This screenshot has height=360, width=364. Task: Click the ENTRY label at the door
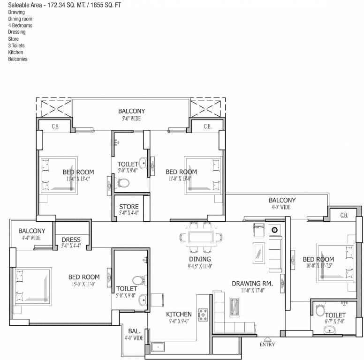point(267,345)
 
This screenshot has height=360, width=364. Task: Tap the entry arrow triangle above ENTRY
point(267,339)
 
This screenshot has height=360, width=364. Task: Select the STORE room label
point(129,207)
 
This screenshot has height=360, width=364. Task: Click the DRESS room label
point(71,240)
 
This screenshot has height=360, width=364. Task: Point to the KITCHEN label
point(179,314)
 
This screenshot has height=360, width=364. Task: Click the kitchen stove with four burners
point(203,315)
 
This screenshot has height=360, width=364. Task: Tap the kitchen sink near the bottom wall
point(158,347)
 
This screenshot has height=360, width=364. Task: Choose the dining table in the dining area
point(201,238)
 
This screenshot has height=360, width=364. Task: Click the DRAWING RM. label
point(252,284)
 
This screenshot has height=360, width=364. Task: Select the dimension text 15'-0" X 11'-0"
point(83,284)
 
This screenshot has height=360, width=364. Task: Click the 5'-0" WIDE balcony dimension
point(131,119)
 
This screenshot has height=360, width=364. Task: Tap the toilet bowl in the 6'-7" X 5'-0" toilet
point(319,310)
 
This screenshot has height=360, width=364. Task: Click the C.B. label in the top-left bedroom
point(55,127)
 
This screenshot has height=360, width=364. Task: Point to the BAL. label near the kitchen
point(134,331)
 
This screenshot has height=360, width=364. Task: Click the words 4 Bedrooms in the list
point(20,25)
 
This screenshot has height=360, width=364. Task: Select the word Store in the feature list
point(13,39)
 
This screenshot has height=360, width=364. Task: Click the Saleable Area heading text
point(25,5)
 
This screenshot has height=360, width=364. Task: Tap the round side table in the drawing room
point(274,230)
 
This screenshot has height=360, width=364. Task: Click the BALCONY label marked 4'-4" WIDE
point(32,231)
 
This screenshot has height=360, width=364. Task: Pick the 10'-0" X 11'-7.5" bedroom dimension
point(319,266)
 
